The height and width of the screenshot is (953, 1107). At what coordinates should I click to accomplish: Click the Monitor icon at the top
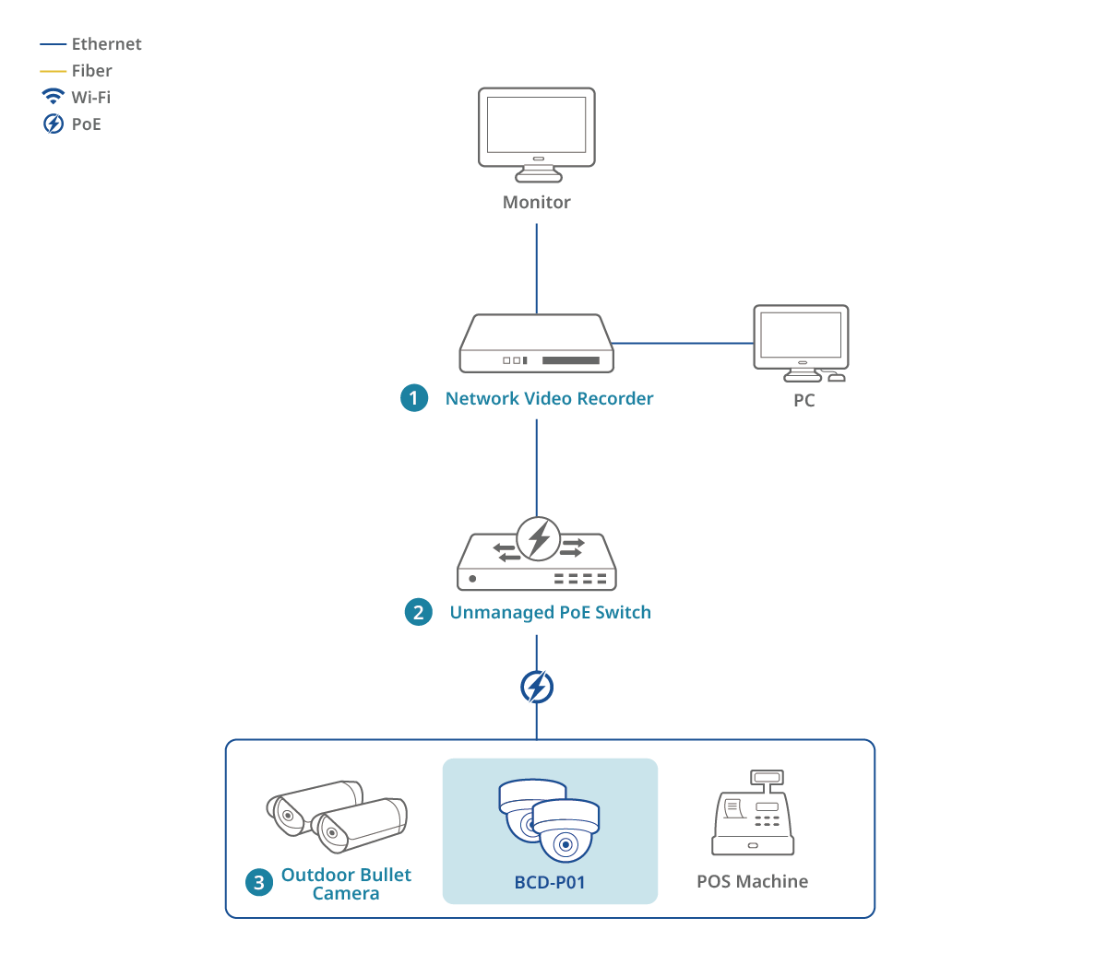(537, 134)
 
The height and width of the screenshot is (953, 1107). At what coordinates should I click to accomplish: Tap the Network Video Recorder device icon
(537, 345)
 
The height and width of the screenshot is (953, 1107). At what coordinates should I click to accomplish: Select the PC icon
(801, 342)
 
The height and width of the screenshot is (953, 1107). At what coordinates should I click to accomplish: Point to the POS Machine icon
(753, 815)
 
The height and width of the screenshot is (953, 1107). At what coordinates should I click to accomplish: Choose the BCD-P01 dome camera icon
(550, 819)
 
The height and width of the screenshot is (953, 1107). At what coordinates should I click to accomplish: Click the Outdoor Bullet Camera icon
(337, 816)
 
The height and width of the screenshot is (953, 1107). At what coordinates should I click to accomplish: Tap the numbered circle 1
(414, 398)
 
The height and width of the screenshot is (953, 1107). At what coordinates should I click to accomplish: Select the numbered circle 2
(419, 612)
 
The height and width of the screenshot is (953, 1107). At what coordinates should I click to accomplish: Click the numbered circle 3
(258, 883)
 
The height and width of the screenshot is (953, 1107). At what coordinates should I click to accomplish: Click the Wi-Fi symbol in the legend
(54, 97)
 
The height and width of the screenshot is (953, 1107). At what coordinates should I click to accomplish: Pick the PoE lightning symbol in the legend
(54, 124)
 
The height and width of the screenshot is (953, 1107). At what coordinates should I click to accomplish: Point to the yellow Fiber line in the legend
(54, 71)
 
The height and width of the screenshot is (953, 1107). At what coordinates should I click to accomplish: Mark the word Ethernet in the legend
(107, 44)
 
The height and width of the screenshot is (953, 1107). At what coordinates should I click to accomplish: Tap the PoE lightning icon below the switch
(537, 687)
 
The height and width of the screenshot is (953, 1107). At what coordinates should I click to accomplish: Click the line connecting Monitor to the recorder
(537, 267)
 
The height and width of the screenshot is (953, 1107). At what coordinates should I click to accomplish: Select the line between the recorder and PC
(683, 343)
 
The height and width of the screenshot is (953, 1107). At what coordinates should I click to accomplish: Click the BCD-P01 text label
(550, 882)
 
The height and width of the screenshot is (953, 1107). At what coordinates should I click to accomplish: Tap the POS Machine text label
(753, 881)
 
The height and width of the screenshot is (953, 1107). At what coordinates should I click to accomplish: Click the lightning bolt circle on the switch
(539, 538)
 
